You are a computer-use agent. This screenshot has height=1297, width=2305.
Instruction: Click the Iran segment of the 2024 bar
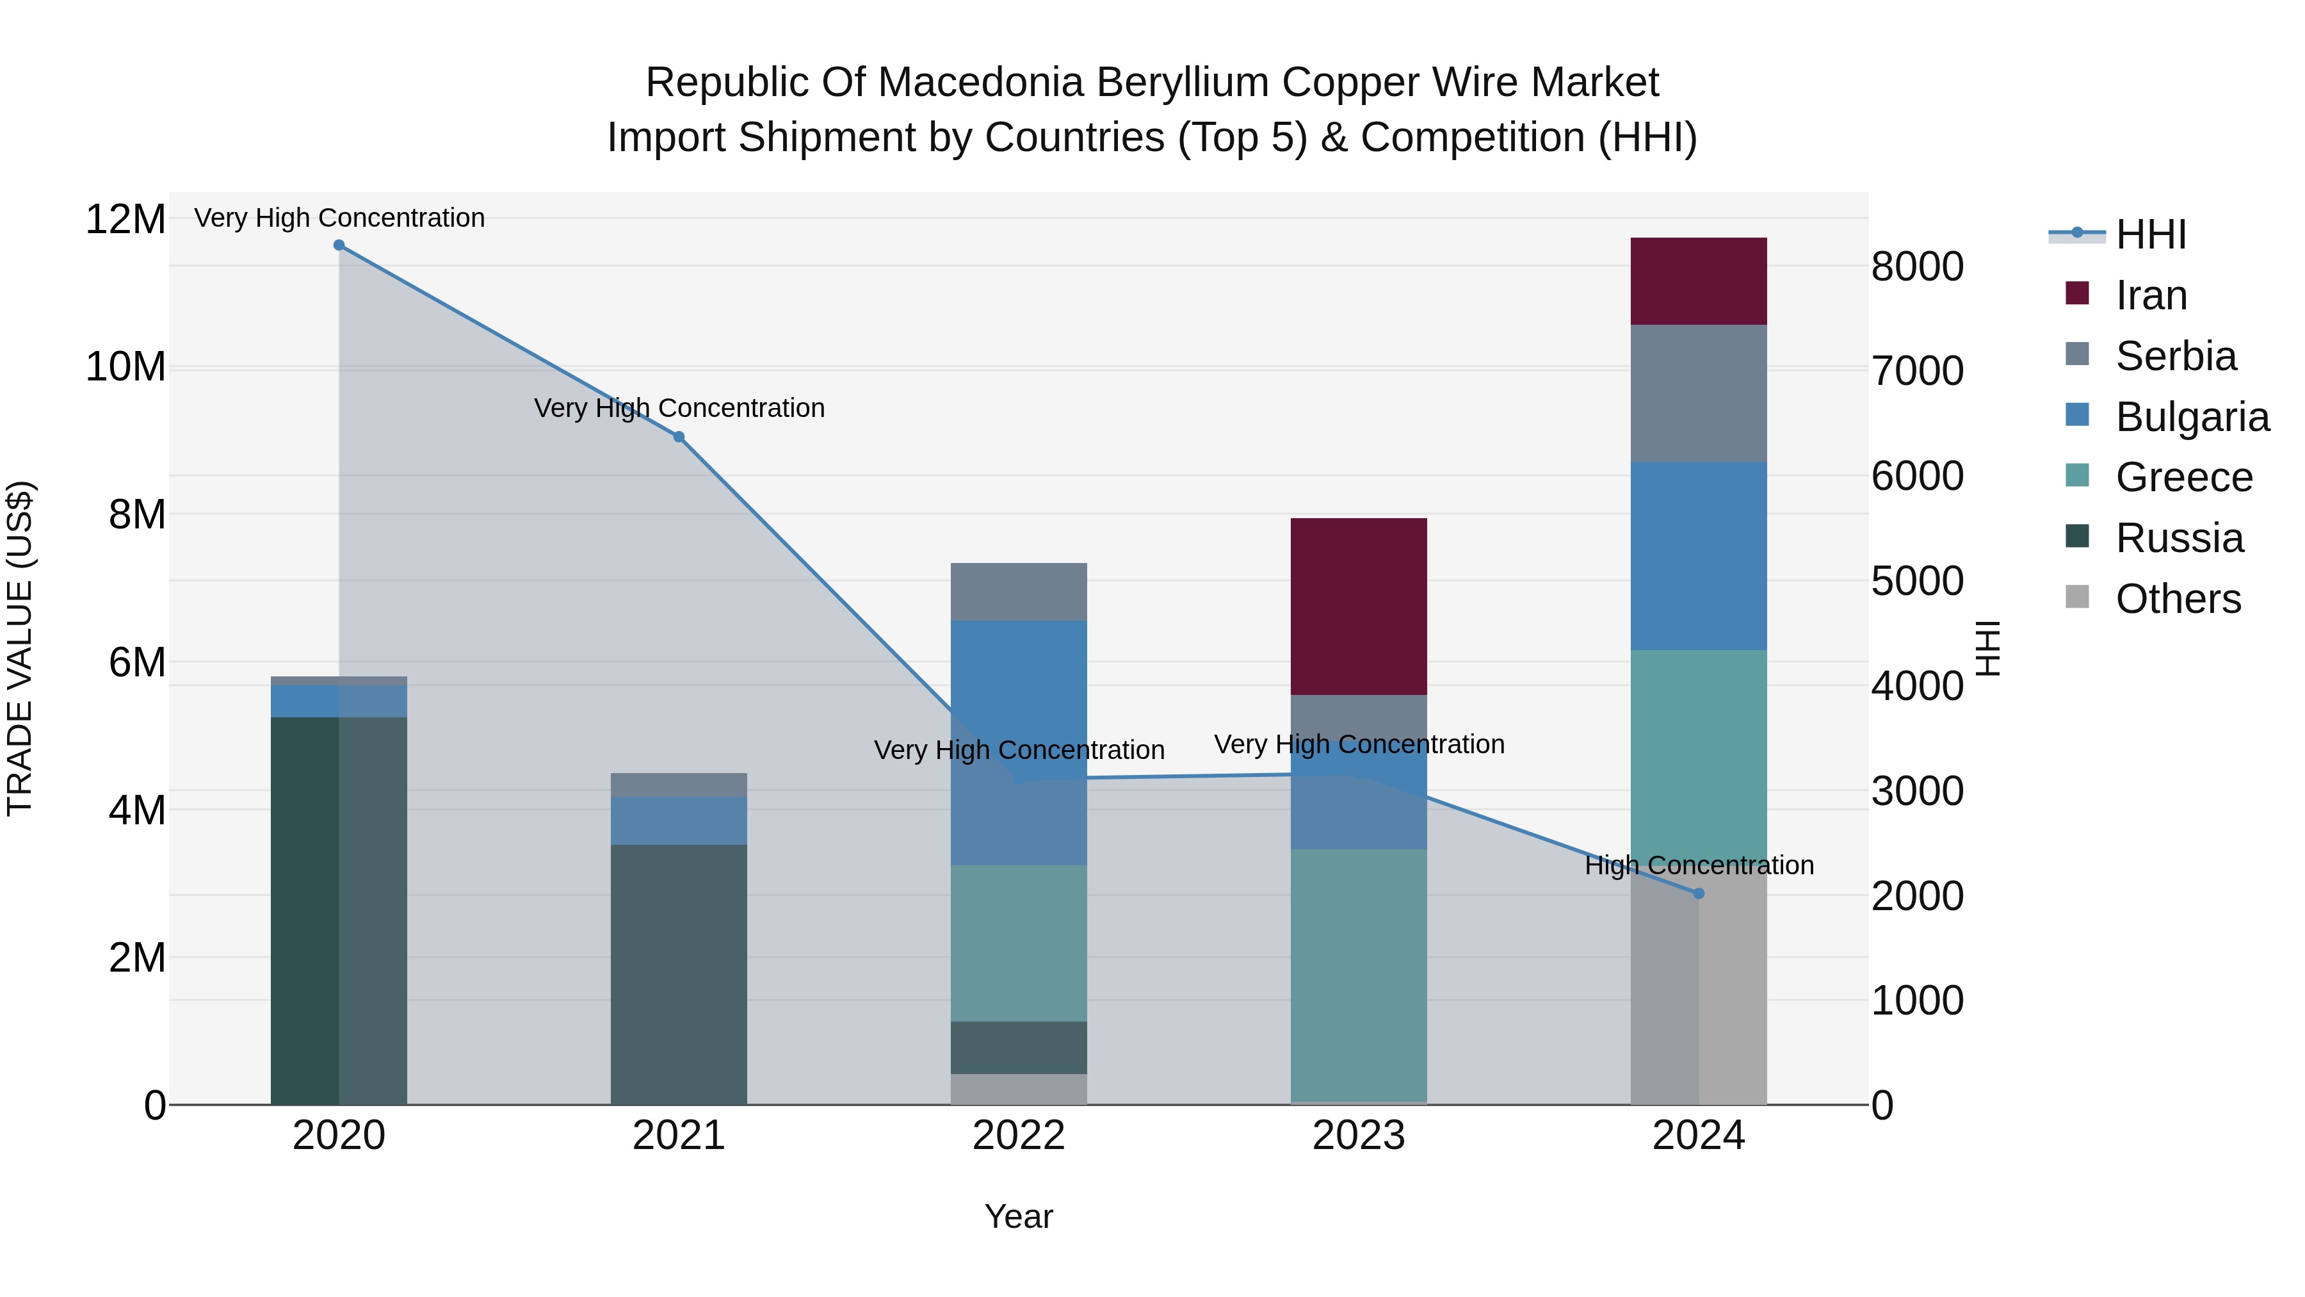1697,281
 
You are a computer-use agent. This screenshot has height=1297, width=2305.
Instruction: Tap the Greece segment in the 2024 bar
1697,761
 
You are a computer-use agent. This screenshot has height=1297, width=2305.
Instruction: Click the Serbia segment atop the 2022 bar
1018,592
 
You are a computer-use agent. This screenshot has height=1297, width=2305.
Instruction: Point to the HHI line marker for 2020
339,245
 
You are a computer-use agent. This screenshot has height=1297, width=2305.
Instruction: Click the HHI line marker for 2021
678,437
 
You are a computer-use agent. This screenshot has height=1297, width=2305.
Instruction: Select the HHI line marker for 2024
1698,893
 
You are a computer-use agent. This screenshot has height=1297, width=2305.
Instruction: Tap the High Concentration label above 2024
1698,865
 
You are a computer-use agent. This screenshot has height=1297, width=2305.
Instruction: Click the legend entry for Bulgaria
2192,417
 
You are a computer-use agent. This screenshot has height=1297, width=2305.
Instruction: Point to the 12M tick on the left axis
125,219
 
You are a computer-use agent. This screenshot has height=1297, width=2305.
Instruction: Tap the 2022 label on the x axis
1018,1136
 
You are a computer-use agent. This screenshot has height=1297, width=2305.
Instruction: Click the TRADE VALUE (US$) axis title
20,648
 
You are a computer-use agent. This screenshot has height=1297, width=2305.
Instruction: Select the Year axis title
1018,1216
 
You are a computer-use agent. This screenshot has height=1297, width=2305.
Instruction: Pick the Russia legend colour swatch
2077,536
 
